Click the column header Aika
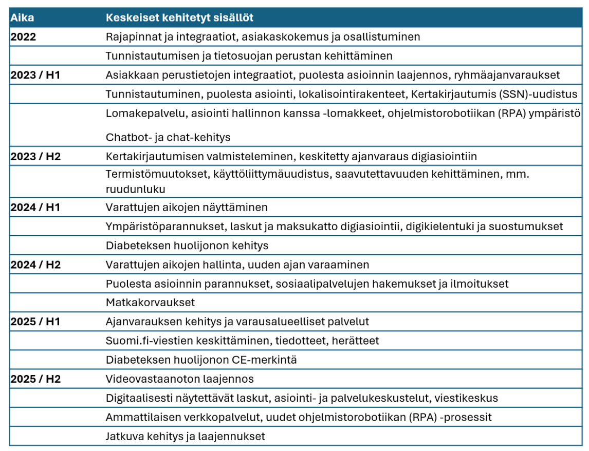coord(22,18)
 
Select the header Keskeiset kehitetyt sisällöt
coord(179,18)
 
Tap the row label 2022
coord(24,37)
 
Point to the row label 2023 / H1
coord(35,75)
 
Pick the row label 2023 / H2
coord(35,156)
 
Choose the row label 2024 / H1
coord(35,208)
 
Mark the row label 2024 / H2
coord(35,265)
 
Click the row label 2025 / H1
coord(35,322)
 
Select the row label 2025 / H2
coord(35,379)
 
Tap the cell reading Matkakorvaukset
coord(150,303)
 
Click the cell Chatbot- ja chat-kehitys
coord(168,137)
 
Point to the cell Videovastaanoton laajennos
coord(179,379)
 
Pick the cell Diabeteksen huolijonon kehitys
coord(187,246)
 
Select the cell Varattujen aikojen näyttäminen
coord(187,208)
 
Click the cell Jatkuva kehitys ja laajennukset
coord(185,437)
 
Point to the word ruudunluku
coord(135,189)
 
